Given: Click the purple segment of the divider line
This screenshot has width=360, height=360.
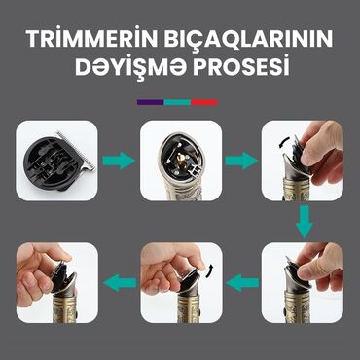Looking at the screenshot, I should pyautogui.click(x=150, y=100).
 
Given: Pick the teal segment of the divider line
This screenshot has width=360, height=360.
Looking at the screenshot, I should pyautogui.click(x=177, y=100).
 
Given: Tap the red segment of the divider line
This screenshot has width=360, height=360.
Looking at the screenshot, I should pyautogui.click(x=204, y=100).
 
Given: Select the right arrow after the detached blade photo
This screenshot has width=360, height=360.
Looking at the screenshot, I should pyautogui.click(x=118, y=160).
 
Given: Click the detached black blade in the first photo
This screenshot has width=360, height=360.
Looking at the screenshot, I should pyautogui.click(x=54, y=161).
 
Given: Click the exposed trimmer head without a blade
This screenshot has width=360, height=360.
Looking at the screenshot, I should pyautogui.click(x=180, y=156).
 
